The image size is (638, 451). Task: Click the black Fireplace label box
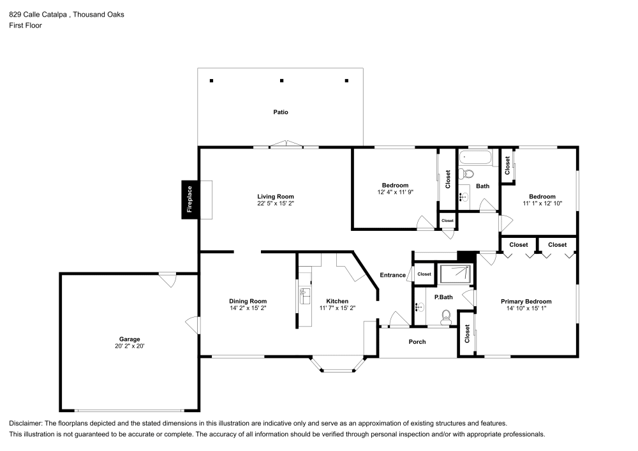pos(189,199)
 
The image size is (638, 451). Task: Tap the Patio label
pos(281,112)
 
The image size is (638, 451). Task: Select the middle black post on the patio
pos(282,81)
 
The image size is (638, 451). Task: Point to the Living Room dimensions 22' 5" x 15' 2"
pos(276,203)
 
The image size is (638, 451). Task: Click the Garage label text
pos(129,339)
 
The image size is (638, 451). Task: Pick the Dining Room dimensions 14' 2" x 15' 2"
pos(248,308)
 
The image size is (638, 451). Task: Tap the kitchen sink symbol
pos(305,297)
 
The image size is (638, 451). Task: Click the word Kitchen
pos(337,301)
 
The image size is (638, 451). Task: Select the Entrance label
pos(392,275)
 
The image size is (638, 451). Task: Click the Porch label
pos(417,342)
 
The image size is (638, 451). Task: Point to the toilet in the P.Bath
pos(446,315)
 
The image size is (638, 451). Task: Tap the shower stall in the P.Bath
pos(455,274)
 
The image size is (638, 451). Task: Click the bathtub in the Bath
pos(476,157)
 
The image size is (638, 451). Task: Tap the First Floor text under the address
pos(26,26)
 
